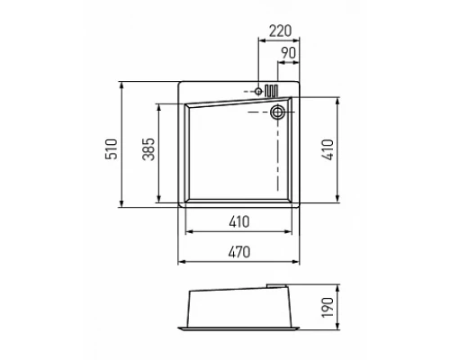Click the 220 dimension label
click(280, 31)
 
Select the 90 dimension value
click(288, 53)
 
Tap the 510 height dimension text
click(112, 149)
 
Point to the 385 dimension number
click(148, 149)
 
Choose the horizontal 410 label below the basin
click(239, 222)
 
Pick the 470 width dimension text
click(239, 252)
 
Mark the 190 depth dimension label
click(328, 307)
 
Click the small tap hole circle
click(258, 91)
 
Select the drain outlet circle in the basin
click(277, 112)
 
